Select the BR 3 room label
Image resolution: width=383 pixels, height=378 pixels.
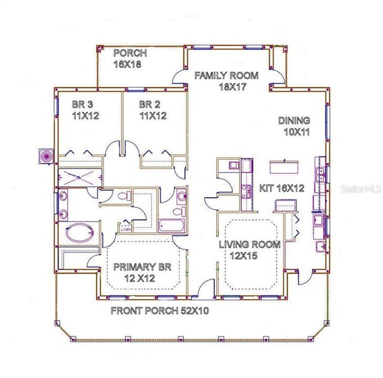click(82, 104)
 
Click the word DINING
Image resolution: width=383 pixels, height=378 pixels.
click(294, 121)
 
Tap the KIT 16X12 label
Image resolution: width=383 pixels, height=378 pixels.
click(282, 188)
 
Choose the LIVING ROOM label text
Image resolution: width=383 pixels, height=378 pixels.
click(249, 244)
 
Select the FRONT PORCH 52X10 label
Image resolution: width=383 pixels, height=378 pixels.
click(160, 311)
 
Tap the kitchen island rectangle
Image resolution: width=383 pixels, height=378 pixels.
click(284, 167)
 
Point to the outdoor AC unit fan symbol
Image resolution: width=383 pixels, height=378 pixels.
click(46, 156)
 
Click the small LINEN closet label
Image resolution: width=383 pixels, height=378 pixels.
click(126, 228)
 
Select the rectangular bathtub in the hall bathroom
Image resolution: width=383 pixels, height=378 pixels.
click(171, 226)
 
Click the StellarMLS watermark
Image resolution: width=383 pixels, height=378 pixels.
click(360, 188)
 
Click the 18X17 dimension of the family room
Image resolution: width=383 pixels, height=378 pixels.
click(232, 87)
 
